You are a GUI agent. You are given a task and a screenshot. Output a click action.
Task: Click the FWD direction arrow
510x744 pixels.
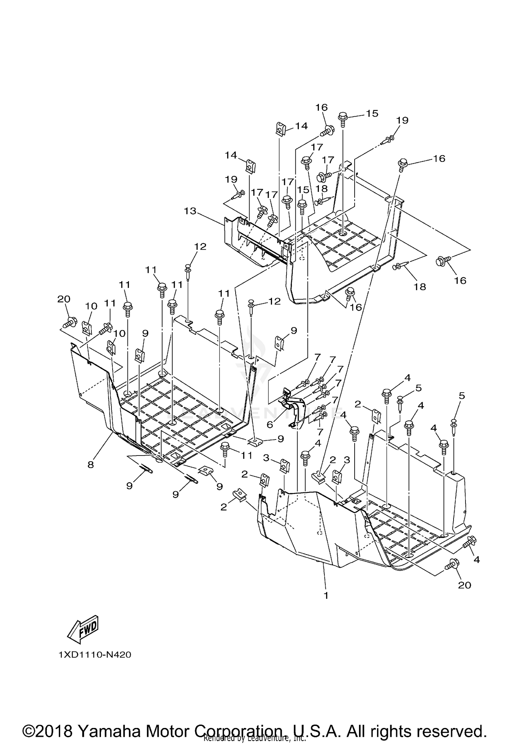(x=83, y=629)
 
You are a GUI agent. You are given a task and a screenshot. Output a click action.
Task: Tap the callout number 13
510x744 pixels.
(x=190, y=211)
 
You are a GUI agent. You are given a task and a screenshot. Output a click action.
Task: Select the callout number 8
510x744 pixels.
(x=90, y=464)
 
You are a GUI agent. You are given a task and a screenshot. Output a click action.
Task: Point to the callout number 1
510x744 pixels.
(x=326, y=595)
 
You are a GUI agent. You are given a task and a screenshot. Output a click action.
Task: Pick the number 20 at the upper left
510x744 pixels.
(x=64, y=299)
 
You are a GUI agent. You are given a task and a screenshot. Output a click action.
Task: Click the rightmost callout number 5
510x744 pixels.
(x=461, y=396)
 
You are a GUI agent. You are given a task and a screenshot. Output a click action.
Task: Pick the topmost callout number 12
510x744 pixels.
(x=200, y=247)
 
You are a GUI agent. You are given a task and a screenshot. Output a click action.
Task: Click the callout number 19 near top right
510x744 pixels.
(x=402, y=120)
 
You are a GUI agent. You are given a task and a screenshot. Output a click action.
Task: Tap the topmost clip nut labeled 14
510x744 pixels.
(x=279, y=129)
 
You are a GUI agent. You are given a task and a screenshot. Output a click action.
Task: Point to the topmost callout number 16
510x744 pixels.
(x=321, y=108)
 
